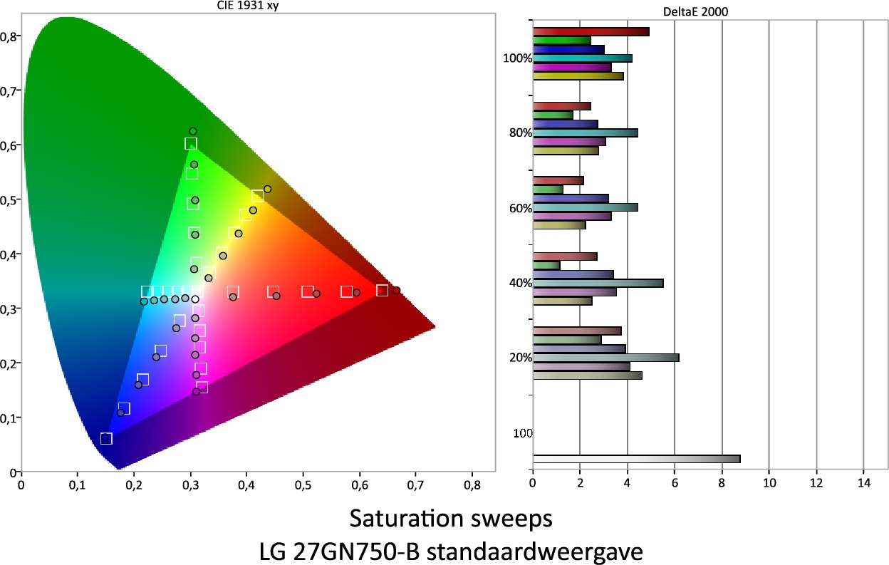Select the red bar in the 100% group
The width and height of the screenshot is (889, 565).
591,31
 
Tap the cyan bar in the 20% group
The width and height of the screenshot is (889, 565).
605,357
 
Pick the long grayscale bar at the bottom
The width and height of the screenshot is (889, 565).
636,459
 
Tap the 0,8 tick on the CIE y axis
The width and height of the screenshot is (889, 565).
11,36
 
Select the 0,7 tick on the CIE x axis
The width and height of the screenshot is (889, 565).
416,484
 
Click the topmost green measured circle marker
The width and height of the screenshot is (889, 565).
192,131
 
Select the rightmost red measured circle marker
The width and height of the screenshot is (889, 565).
397,290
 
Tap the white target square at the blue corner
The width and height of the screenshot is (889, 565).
106,438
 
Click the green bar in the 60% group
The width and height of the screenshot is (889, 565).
548,190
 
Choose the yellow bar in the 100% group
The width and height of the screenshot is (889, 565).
578,76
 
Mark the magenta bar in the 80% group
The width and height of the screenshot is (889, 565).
568,142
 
